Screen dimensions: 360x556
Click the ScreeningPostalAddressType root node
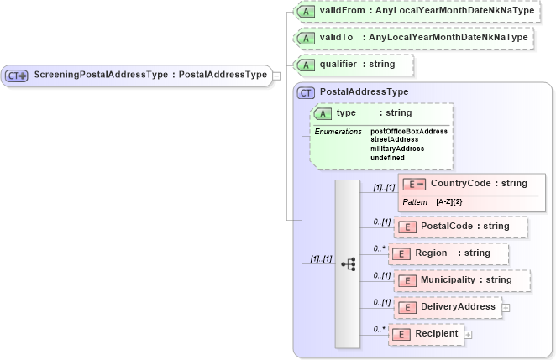point(138,75)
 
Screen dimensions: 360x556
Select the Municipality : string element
point(462,280)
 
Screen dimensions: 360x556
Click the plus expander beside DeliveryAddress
point(506,308)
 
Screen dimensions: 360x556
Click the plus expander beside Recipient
point(468,335)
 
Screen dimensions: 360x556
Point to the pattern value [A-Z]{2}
point(449,202)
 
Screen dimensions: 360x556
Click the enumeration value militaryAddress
point(397,149)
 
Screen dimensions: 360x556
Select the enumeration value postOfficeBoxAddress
point(409,132)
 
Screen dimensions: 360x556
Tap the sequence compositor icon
point(347,263)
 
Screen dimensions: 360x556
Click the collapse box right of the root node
point(277,76)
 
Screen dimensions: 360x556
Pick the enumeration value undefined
point(387,157)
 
